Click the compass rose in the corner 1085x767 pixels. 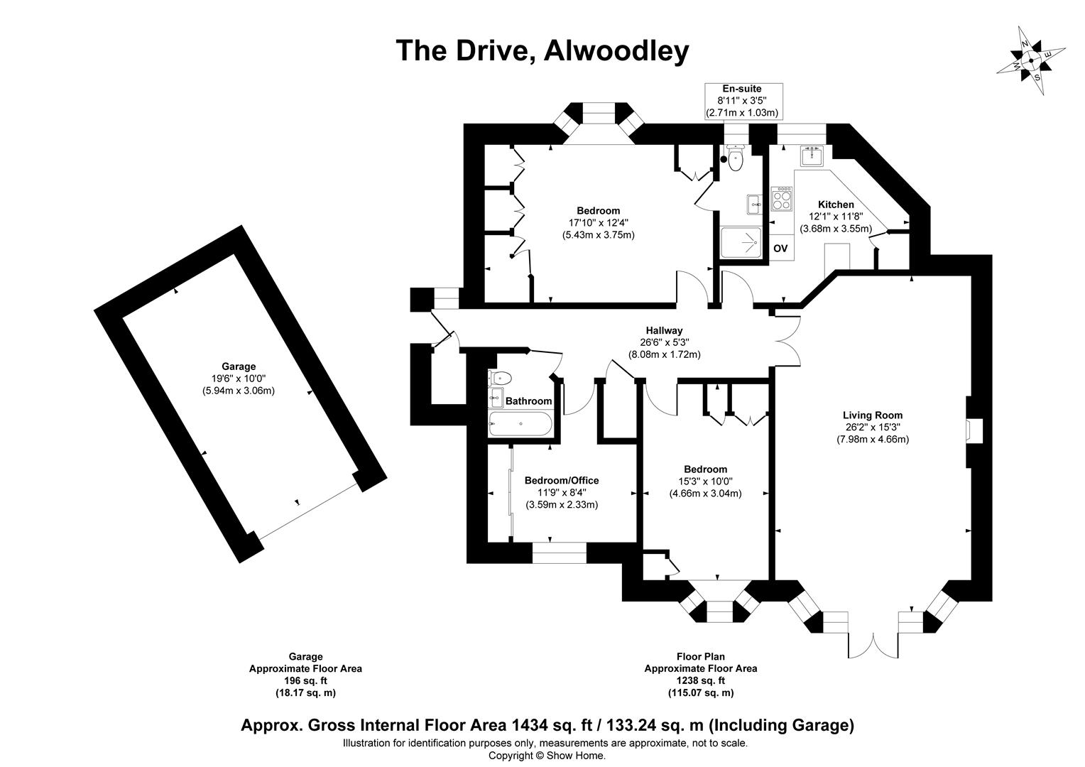pyautogui.click(x=1030, y=60)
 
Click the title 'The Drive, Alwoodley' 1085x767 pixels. pyautogui.click(x=542, y=50)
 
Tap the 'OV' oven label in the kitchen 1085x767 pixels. pyautogui.click(x=780, y=249)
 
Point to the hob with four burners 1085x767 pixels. pyautogui.click(x=782, y=198)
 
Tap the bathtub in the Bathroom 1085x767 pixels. pyautogui.click(x=520, y=423)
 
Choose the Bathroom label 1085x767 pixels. pyautogui.click(x=528, y=401)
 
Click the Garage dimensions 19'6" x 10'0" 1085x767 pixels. pyautogui.click(x=238, y=379)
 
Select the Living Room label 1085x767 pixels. pyautogui.click(x=872, y=415)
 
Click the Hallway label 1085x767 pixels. pyautogui.click(x=664, y=330)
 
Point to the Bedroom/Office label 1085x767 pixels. pyautogui.click(x=562, y=481)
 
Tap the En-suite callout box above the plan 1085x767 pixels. pyautogui.click(x=743, y=100)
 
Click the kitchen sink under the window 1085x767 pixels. pyautogui.click(x=812, y=155)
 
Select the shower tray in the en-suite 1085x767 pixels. pyautogui.click(x=739, y=243)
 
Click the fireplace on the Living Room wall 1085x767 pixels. pyautogui.click(x=974, y=431)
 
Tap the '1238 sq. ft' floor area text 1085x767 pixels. pyautogui.click(x=700, y=680)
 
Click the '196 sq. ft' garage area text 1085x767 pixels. pyautogui.click(x=305, y=680)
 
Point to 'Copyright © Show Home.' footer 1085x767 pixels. pyautogui.click(x=547, y=756)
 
